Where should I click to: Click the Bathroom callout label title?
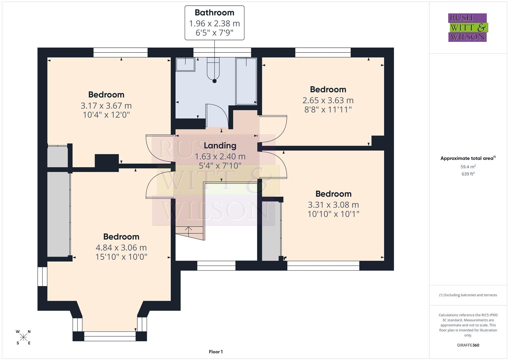click(x=214, y=13)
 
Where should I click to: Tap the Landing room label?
click(x=220, y=146)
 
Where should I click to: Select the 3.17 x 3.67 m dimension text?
click(x=106, y=106)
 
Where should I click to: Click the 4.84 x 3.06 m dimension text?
click(x=121, y=248)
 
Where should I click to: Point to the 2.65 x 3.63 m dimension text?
click(x=328, y=100)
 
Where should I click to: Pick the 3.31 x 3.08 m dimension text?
click(x=333, y=205)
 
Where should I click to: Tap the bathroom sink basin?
click(x=185, y=64)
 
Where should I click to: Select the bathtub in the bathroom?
click(x=246, y=81)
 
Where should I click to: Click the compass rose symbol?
click(x=23, y=337)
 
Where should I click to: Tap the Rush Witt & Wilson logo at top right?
click(x=467, y=28)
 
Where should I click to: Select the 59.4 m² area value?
click(x=468, y=167)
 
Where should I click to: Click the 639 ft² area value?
click(x=468, y=174)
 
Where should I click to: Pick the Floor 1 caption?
click(x=216, y=352)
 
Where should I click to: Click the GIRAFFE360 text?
click(x=468, y=345)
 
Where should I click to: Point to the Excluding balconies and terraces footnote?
click(x=468, y=295)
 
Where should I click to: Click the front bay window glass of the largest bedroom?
click(x=110, y=336)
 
